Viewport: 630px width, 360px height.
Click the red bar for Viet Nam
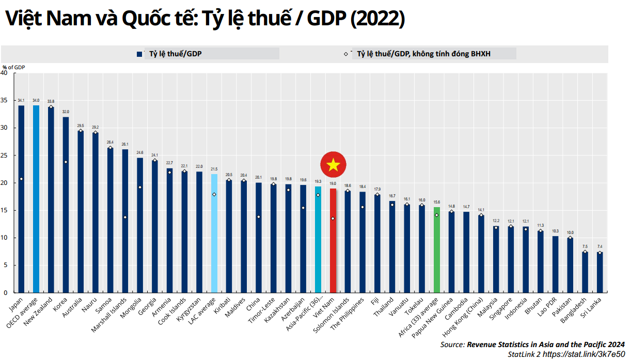coord(333,241)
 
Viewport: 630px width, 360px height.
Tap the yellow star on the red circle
coord(333,165)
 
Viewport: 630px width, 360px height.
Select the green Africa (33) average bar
coord(437,250)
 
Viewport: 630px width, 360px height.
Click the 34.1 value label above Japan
coord(21,100)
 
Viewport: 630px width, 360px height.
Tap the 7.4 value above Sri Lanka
coord(600,247)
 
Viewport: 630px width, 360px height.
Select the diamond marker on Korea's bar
coord(66,162)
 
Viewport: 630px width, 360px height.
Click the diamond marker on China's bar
coord(259,217)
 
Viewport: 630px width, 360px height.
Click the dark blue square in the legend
coord(139,54)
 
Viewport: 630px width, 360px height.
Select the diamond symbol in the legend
coord(346,54)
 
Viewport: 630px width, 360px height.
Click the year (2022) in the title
coord(377,19)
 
